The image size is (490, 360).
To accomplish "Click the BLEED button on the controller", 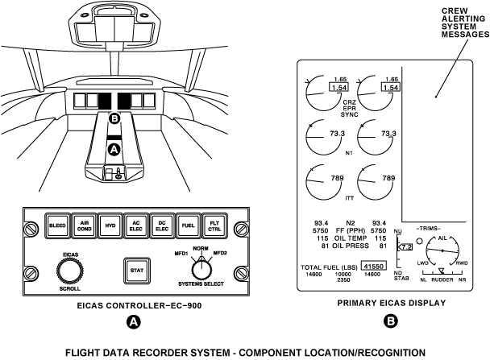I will point(58,226).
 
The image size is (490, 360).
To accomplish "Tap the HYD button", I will point(110,226).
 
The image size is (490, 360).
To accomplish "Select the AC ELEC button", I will point(137,226).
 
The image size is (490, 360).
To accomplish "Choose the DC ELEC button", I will point(164,226).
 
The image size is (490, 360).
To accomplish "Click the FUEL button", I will point(190,226).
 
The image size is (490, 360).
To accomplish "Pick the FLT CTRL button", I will point(217,226).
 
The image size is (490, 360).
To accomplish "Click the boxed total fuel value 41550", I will point(373,266).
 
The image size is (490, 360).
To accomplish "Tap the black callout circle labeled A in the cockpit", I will point(114,150).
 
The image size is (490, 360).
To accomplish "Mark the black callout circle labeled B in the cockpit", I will point(114,118).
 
